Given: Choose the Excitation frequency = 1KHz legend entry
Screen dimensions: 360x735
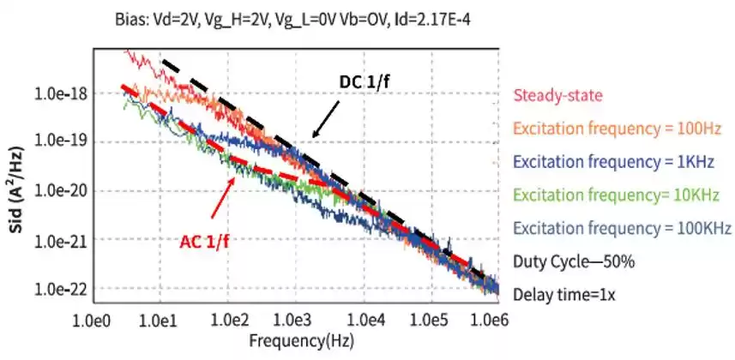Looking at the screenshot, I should pos(621,162).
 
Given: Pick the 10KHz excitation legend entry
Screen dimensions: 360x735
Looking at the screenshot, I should pos(621,195).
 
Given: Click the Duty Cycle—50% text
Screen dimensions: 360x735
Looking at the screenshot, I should pos(572,261).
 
